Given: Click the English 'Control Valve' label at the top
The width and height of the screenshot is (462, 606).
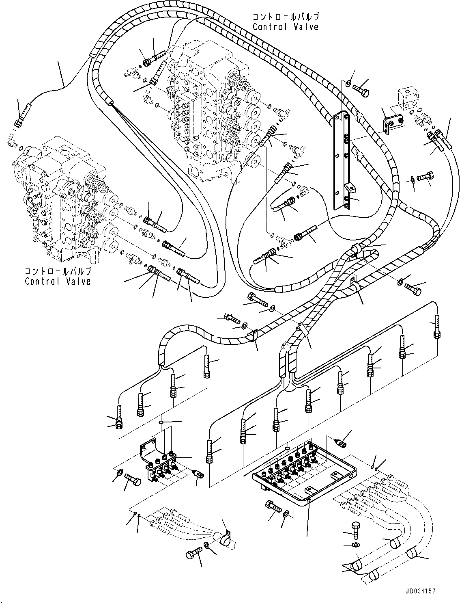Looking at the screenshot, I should tap(285, 27).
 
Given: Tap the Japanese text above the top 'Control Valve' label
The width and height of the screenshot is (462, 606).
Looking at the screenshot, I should tap(285, 17).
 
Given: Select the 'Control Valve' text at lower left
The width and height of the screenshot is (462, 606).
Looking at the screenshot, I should tap(58, 281).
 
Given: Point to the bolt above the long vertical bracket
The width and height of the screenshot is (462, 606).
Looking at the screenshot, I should tap(361, 89).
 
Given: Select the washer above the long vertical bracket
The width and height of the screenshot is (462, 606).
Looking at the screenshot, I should tap(348, 84).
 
